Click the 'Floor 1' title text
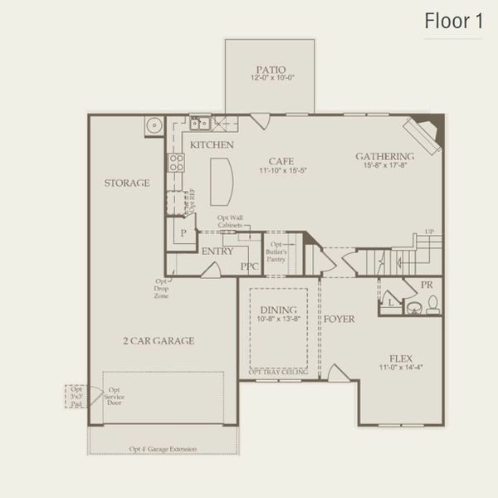point(453,22)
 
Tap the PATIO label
point(270,71)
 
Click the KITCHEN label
point(212,145)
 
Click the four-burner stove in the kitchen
point(175,162)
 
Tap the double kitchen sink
point(199,124)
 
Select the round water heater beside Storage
point(154,126)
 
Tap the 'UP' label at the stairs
point(428,232)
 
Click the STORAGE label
point(127,183)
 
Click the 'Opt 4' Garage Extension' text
point(163,449)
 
